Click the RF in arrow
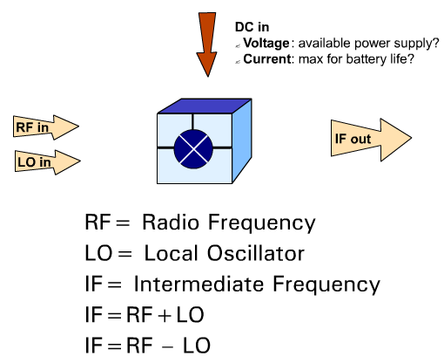click(x=46, y=127)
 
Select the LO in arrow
click(x=48, y=162)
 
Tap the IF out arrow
click(x=371, y=140)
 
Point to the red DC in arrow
click(x=207, y=45)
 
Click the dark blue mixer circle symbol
click(x=193, y=148)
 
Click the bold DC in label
click(x=252, y=27)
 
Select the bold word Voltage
click(x=266, y=44)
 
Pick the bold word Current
click(x=267, y=59)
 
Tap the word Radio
click(x=171, y=223)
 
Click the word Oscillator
click(x=256, y=253)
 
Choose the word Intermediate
click(x=198, y=284)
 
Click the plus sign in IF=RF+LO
click(x=165, y=315)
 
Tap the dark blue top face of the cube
click(x=205, y=106)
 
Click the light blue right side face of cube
click(x=242, y=141)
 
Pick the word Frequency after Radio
click(x=262, y=223)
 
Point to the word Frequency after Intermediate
click(x=326, y=285)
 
